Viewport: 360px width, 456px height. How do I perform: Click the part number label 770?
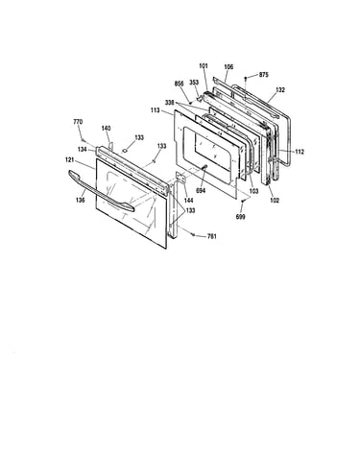[78, 122]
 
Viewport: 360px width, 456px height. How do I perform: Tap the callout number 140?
[106, 129]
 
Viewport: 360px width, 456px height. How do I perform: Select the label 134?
[83, 149]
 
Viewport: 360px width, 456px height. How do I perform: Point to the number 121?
[70, 159]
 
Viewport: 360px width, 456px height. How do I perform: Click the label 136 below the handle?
[81, 200]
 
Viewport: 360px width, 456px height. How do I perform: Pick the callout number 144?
[189, 201]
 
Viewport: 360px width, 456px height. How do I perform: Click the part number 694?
[201, 191]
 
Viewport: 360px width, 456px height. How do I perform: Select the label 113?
[155, 110]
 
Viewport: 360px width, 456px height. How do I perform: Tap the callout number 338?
[170, 103]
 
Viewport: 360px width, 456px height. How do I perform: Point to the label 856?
[179, 84]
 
